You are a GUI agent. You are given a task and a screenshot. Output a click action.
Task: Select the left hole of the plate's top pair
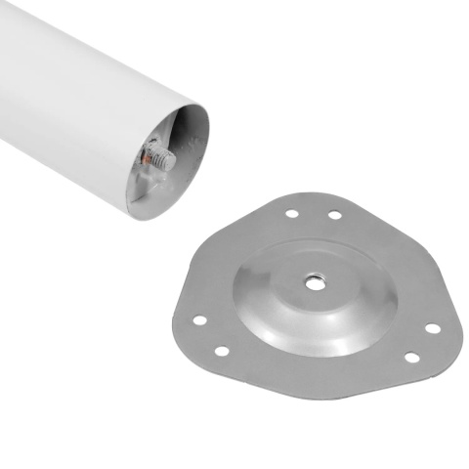pyautogui.click(x=291, y=212)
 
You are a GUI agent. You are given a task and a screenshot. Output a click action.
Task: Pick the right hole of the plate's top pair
pyautogui.click(x=334, y=215)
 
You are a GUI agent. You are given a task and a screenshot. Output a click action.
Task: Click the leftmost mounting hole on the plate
pyautogui.click(x=199, y=320)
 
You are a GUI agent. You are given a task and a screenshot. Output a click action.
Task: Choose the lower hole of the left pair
pyautogui.click(x=222, y=350)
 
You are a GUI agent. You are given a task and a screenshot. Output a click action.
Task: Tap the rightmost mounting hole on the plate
pyautogui.click(x=431, y=327)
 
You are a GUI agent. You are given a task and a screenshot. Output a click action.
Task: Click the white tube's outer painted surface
pyautogui.click(x=78, y=88)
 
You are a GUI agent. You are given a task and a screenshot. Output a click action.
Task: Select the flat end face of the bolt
pyautogui.click(x=172, y=158)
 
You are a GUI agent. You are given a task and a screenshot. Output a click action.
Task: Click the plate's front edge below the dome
pyautogui.click(x=313, y=373)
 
